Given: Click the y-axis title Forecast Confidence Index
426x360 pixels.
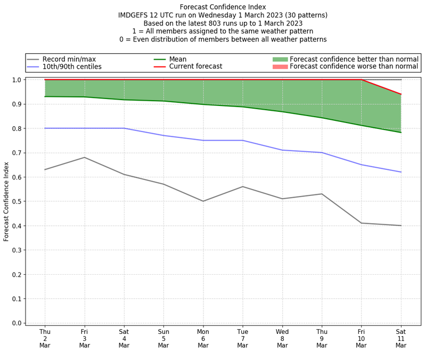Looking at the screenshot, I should tap(6, 201).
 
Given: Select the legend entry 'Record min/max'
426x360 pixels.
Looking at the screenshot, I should tap(69, 59).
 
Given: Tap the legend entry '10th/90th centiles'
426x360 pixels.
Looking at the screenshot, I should tap(72, 67).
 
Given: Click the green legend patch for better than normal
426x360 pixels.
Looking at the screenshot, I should tap(280, 59).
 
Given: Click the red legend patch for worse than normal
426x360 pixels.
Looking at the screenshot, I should tap(280, 67).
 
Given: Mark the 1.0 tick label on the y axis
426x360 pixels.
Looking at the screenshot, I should tap(17, 80).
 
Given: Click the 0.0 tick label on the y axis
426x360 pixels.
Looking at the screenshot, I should tap(17, 323).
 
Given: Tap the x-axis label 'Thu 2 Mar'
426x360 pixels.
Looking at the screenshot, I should tap(45, 338).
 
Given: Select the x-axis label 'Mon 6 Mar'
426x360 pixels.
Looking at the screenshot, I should tap(203, 338).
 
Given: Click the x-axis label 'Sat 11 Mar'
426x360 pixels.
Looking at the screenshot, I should tap(401, 338).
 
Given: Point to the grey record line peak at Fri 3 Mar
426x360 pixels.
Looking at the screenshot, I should tap(84, 157).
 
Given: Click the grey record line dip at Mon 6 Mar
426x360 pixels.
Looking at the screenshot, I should tap(203, 201).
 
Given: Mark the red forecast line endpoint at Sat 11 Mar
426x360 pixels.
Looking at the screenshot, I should tap(401, 94).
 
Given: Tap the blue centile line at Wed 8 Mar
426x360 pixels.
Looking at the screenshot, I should tap(282, 150).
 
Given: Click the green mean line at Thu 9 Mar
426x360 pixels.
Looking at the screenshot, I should tap(322, 118).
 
